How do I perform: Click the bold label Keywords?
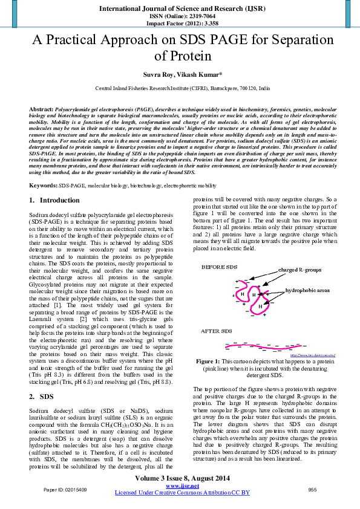[44, 184]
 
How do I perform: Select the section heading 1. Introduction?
[54, 200]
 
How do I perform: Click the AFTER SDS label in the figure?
[217, 331]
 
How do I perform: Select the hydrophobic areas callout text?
[307, 290]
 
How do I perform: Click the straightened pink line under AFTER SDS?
[266, 346]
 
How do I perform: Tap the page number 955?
[313, 489]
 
